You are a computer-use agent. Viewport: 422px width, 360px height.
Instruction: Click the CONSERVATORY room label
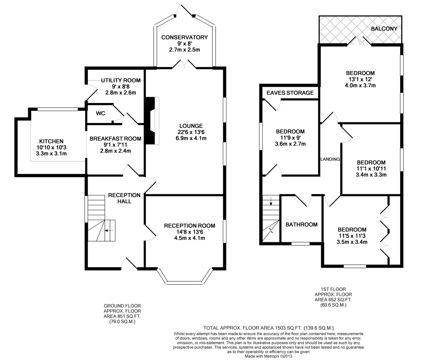click(x=184, y=37)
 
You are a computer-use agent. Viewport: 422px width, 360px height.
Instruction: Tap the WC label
click(x=101, y=113)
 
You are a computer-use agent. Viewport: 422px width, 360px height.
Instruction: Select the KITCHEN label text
click(x=51, y=141)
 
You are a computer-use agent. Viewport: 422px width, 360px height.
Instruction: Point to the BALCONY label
click(x=384, y=28)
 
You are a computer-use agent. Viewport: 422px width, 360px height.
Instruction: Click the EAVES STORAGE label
click(x=290, y=93)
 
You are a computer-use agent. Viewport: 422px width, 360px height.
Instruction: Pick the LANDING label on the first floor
click(x=330, y=159)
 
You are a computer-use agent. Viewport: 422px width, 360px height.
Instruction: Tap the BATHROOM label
click(x=301, y=225)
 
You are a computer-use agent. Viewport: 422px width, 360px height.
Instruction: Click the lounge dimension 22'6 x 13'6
click(x=191, y=132)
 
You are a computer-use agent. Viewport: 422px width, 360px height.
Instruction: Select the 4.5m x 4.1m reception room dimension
click(x=190, y=238)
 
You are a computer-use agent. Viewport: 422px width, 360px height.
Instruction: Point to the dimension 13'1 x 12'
click(x=360, y=79)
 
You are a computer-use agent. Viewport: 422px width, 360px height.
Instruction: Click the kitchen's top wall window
click(x=58, y=109)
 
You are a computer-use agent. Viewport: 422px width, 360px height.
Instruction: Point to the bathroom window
click(x=300, y=244)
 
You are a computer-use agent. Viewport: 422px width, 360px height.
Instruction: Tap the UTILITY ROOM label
click(x=121, y=81)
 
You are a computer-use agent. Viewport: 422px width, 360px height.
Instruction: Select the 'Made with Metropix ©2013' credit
click(x=269, y=356)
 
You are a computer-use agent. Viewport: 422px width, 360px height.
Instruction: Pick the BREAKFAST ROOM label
click(x=115, y=139)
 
